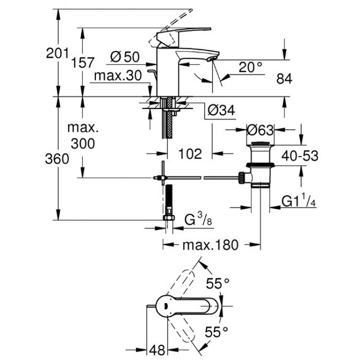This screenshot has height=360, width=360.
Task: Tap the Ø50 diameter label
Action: coord(125,57)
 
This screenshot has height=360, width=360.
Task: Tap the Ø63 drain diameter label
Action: coord(260,130)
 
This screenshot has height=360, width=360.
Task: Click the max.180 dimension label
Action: coord(210,245)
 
